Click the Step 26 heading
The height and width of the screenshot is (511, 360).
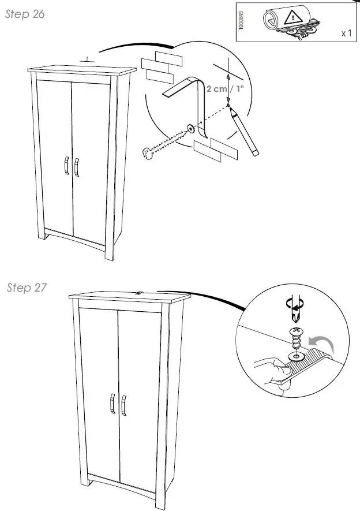[x=25, y=14]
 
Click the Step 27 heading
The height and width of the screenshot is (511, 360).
[x=27, y=288]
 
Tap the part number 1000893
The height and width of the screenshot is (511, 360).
[x=241, y=20]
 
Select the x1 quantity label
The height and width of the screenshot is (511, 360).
[x=347, y=33]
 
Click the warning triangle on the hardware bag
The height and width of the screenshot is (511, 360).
[x=293, y=18]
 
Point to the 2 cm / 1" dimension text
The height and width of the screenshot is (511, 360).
[x=225, y=89]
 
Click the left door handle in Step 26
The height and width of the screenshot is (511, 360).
[x=66, y=165]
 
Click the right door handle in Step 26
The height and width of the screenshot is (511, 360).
[x=77, y=167]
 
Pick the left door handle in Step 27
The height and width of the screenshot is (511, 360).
[x=112, y=404]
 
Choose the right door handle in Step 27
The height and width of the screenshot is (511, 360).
[x=123, y=405]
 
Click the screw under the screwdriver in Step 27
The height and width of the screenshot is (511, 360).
[x=296, y=337]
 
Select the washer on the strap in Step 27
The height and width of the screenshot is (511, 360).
[x=296, y=356]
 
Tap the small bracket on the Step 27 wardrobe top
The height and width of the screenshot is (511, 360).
[x=139, y=293]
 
